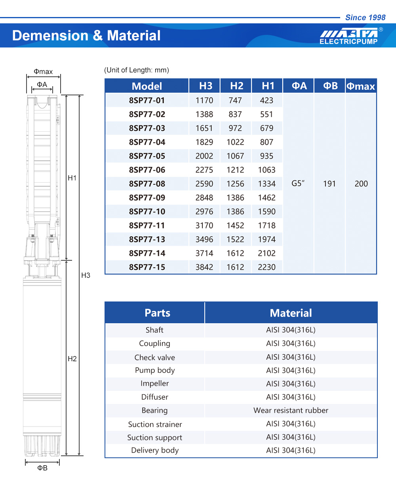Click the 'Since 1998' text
[365, 17]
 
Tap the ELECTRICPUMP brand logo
[349, 36]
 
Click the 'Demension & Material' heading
[86, 36]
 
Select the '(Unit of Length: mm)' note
[137, 70]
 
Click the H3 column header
[206, 86]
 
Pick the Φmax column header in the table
[360, 86]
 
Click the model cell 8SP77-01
[147, 100]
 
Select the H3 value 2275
[204, 170]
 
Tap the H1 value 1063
[267, 170]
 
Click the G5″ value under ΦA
[298, 184]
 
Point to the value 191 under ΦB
[329, 184]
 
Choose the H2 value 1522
[235, 239]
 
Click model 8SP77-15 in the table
[147, 267]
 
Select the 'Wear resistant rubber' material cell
[291, 410]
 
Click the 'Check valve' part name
[154, 357]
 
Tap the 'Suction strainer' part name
[155, 424]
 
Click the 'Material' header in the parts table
[291, 313]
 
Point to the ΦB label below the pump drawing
[42, 468]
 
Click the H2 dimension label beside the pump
[72, 358]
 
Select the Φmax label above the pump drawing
[43, 72]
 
